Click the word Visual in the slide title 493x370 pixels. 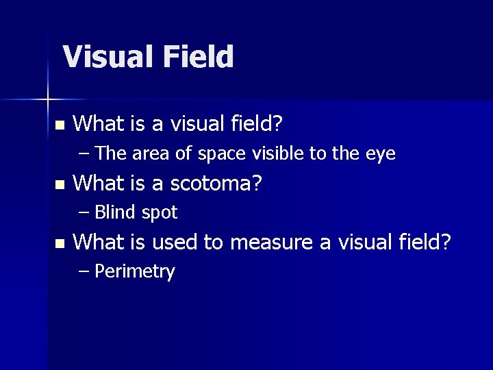(109, 57)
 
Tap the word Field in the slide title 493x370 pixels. (198, 57)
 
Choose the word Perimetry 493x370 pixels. (135, 272)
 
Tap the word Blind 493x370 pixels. (116, 213)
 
